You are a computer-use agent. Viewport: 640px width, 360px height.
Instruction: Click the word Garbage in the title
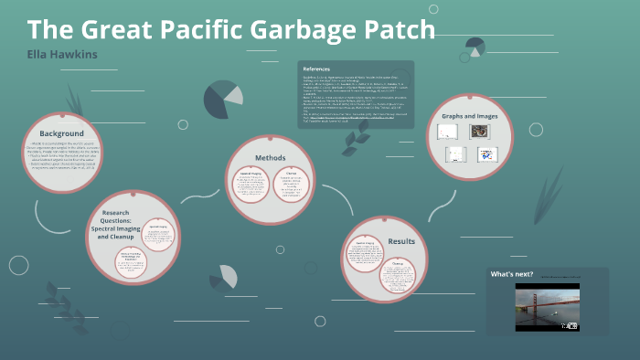pos(307,29)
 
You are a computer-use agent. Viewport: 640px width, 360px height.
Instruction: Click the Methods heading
pos(270,157)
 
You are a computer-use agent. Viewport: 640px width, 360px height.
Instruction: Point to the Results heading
pos(401,241)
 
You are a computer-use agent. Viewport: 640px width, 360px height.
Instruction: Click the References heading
pos(316,69)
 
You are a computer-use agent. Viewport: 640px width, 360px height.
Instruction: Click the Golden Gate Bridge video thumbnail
pos(547,307)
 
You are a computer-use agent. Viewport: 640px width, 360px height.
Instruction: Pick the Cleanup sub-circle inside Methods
pos(292,187)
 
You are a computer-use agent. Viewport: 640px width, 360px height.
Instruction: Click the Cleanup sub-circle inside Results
pos(397,276)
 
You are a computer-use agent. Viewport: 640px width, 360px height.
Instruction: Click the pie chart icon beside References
pos(223,99)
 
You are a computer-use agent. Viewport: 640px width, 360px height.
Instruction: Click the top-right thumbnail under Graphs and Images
pos(483,132)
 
